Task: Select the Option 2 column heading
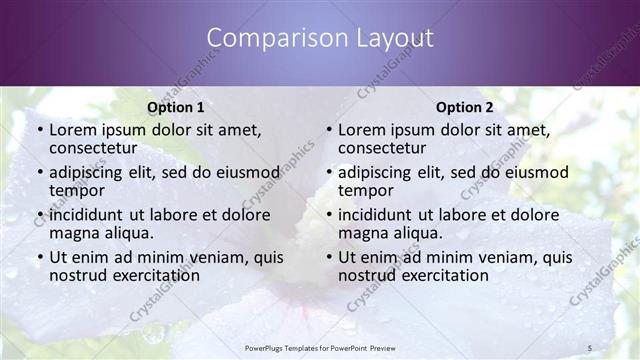464,107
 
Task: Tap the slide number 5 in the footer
590,348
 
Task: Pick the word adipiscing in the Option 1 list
91,172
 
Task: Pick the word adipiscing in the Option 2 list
380,172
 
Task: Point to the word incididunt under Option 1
91,214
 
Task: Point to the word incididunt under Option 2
380,214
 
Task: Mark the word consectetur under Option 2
383,149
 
